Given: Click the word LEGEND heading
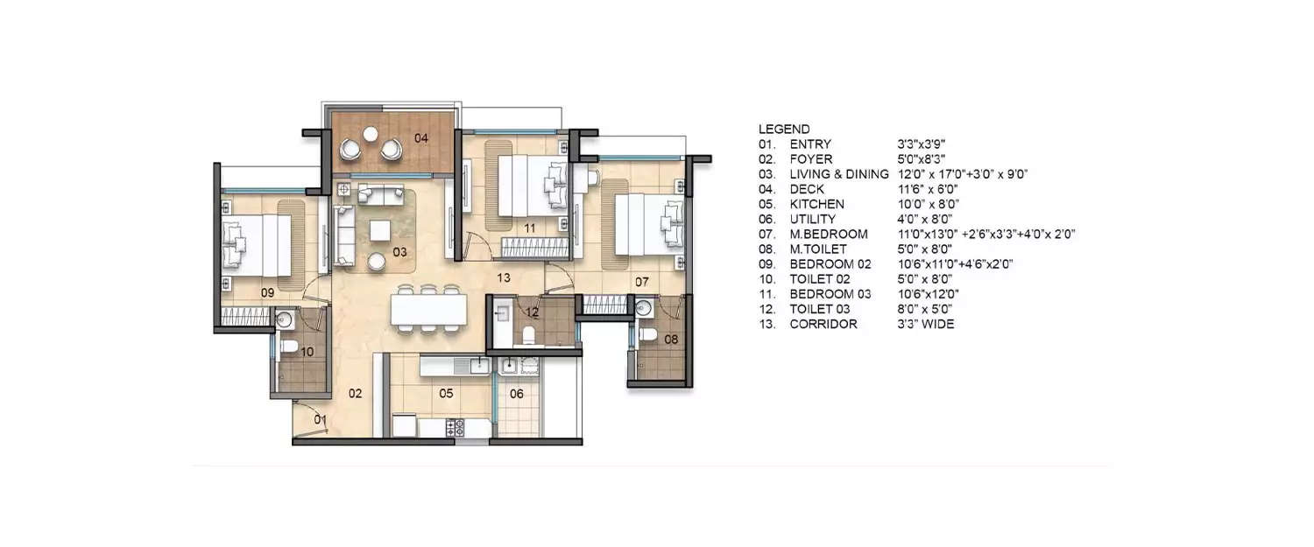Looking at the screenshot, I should [x=784, y=129].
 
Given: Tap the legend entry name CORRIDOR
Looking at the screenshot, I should [x=823, y=324].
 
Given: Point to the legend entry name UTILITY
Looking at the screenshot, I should [x=812, y=219].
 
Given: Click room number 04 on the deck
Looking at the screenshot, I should [x=421, y=137].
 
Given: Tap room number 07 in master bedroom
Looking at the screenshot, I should [x=642, y=282].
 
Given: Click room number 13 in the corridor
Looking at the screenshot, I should [x=503, y=277].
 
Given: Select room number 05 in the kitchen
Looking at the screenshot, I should [x=446, y=394].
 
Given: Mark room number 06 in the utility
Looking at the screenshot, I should [x=517, y=394].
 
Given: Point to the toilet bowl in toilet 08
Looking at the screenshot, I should [x=647, y=334].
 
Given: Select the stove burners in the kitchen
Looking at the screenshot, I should [x=456, y=427].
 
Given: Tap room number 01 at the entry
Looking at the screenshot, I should [x=321, y=420].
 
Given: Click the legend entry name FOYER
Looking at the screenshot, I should [x=810, y=158].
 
